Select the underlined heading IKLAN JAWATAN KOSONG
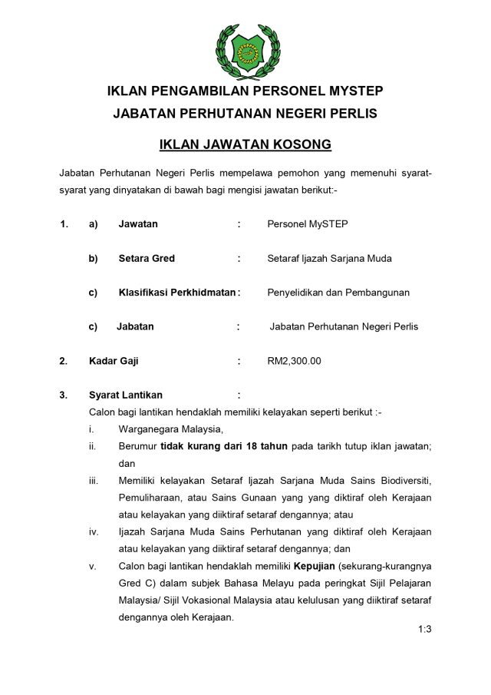coord(245,144)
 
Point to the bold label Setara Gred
coord(147,258)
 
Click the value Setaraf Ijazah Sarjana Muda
coord(329,258)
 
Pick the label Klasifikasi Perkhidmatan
coord(176,293)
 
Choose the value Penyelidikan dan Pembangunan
coord(338,293)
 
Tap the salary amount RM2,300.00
coord(295,360)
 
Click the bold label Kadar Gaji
coord(114,360)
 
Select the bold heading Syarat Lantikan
coord(126,395)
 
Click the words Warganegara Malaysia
coord(170,429)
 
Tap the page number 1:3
coord(425,630)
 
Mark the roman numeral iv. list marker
coord(94,531)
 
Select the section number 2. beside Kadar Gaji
coord(64,360)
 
